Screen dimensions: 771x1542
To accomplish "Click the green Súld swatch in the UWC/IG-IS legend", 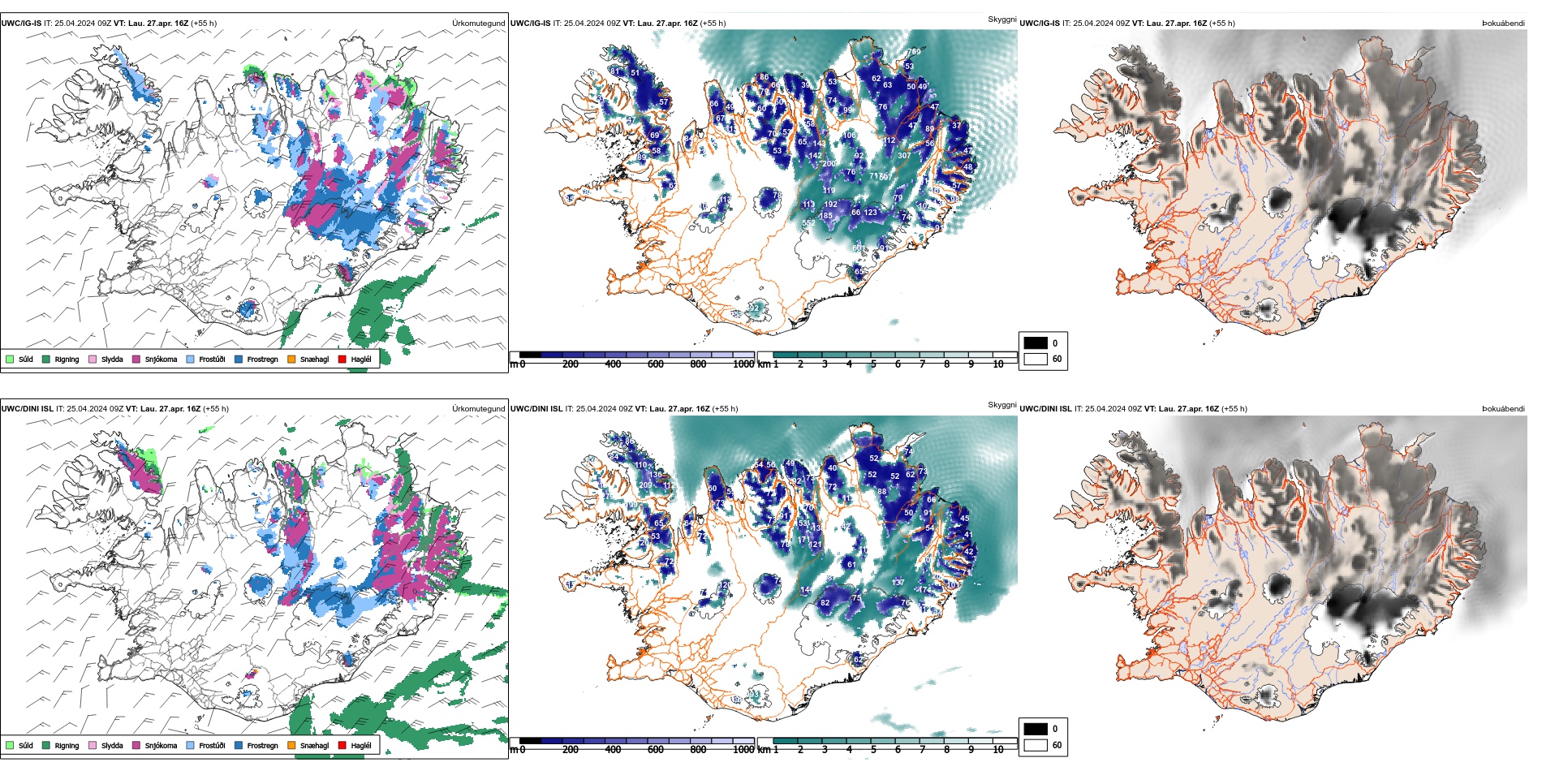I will tap(10, 359).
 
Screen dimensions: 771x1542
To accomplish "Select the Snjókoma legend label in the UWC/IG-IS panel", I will tap(161, 360).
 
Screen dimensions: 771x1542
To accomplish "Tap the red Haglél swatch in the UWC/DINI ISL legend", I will tap(342, 745).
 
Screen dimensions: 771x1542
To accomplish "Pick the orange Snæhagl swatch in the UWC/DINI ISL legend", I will tap(291, 745).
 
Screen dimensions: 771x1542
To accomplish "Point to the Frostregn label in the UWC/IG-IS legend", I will tap(262, 360).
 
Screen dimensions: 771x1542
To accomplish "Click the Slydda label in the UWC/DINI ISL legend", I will tap(112, 746).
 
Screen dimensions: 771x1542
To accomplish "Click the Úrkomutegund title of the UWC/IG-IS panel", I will tap(478, 24).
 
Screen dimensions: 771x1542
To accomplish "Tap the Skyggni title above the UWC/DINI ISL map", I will tap(1001, 404).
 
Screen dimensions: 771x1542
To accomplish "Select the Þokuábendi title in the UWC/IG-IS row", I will tap(1503, 24).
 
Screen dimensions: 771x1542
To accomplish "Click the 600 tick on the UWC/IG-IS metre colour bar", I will tap(655, 364).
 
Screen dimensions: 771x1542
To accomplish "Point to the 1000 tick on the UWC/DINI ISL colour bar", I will tap(743, 750).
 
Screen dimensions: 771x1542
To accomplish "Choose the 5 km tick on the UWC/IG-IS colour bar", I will tap(873, 364).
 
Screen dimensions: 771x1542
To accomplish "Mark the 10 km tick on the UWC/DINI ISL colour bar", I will tap(998, 750).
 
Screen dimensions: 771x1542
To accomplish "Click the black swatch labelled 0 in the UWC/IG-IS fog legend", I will tap(1036, 342).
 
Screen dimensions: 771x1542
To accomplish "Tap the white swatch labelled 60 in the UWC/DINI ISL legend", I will tap(1036, 745).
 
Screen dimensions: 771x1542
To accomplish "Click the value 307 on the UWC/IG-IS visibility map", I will tap(904, 156).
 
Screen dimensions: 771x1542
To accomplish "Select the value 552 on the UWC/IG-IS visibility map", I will tap(809, 223).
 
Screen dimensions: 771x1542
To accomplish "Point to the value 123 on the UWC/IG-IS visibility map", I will tap(871, 213).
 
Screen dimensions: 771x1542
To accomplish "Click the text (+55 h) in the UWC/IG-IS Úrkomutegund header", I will tap(204, 24).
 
